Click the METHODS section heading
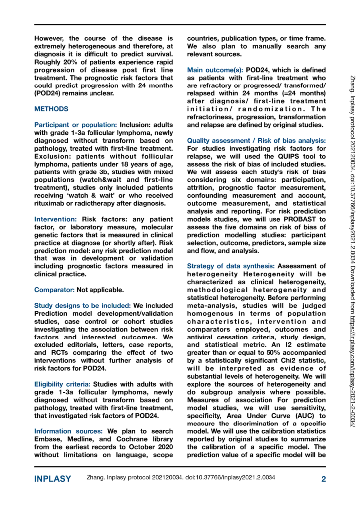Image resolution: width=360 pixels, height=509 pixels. click(x=52, y=108)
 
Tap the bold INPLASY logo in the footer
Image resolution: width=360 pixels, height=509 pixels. click(x=52, y=479)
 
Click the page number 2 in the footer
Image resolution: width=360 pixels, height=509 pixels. click(x=323, y=479)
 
